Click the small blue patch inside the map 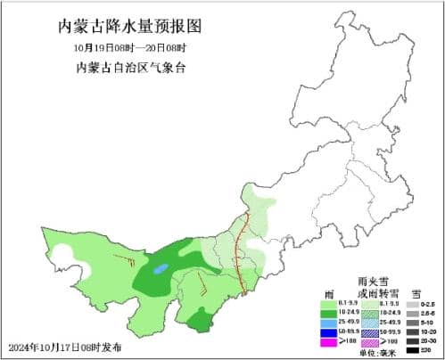point(161,267)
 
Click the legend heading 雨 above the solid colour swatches point(329,292)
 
